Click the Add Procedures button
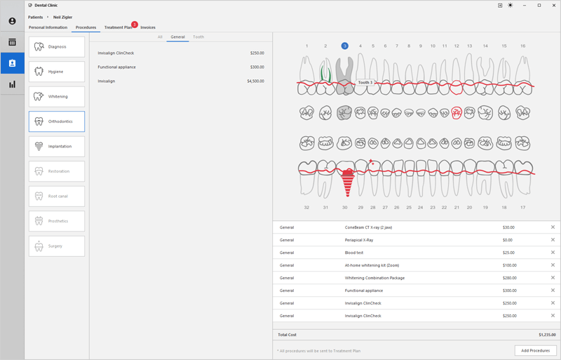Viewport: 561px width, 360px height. point(535,350)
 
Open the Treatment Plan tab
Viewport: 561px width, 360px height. point(118,27)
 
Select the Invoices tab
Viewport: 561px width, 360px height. point(148,27)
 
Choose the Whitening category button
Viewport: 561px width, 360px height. point(57,97)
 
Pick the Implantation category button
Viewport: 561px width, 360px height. point(57,147)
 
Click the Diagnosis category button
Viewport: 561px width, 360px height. point(57,47)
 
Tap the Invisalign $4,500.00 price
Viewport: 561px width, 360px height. point(255,81)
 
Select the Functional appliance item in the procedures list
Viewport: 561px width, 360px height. point(117,67)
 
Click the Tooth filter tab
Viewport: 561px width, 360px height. point(198,36)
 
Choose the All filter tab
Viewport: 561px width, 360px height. point(160,36)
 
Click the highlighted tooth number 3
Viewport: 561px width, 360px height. point(345,46)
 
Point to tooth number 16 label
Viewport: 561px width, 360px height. point(522,46)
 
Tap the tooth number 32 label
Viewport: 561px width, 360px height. point(306,208)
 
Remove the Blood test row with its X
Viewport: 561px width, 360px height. point(552,253)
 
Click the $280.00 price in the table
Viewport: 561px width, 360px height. point(509,278)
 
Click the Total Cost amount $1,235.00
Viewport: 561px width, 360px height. point(547,335)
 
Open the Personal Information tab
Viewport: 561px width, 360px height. point(48,27)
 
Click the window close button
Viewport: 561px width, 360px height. point(552,5)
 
